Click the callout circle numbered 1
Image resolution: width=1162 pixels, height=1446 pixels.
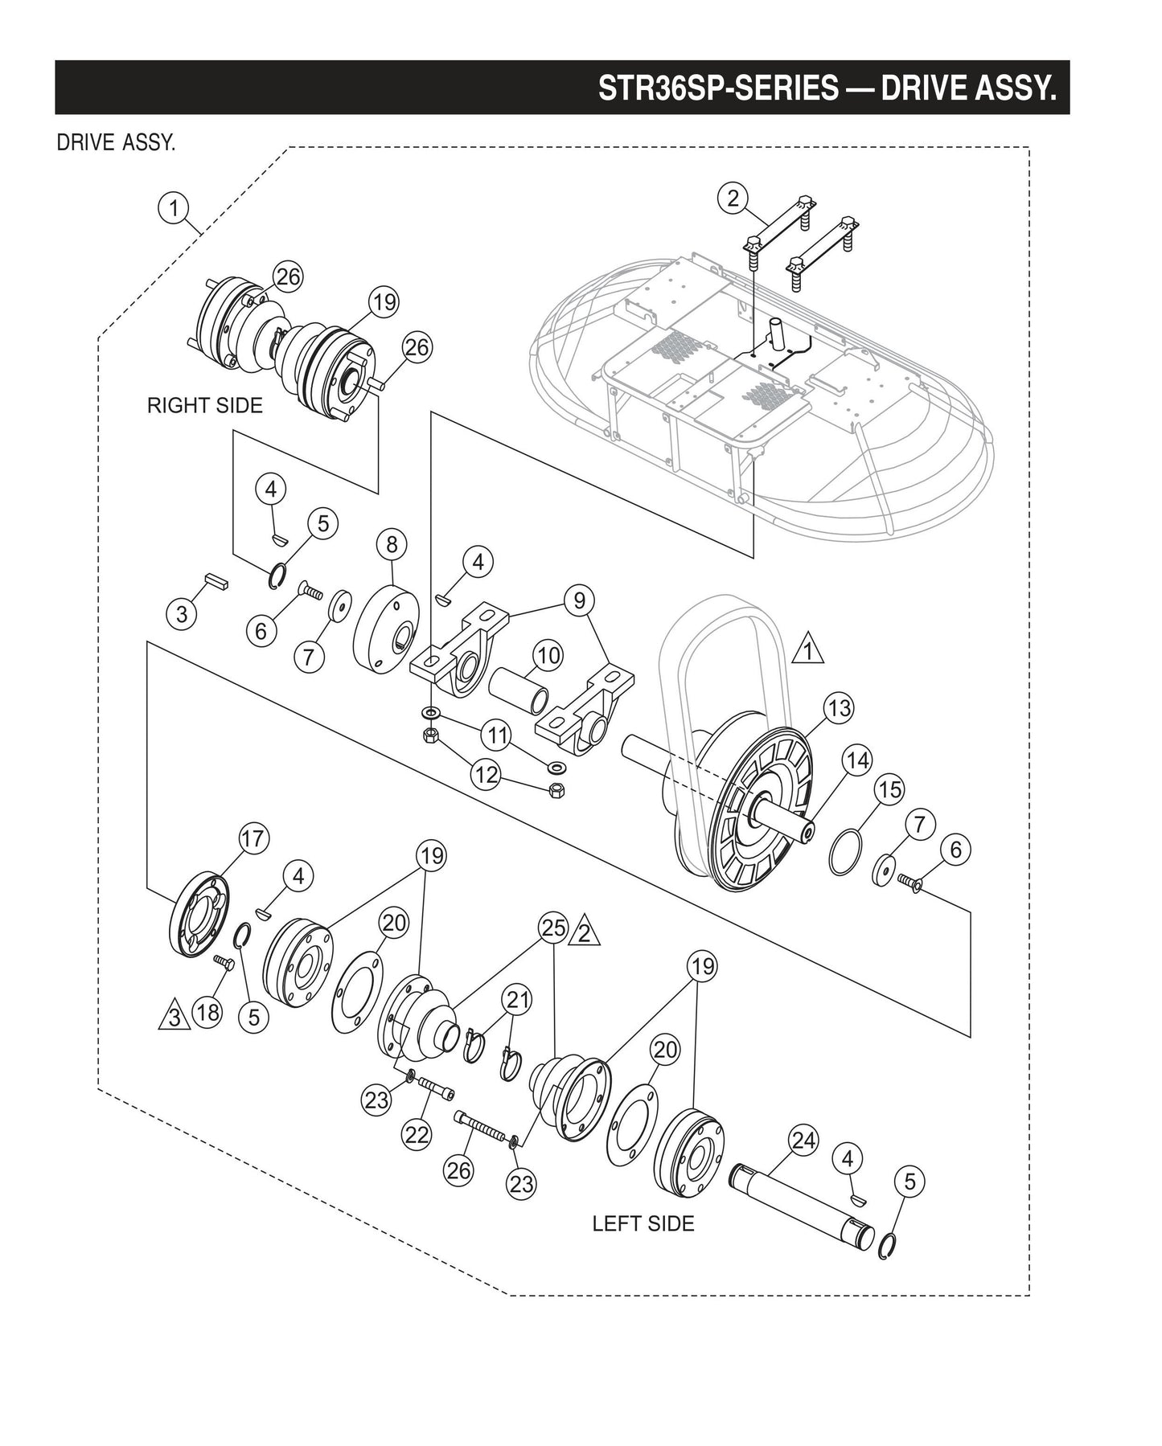click(172, 207)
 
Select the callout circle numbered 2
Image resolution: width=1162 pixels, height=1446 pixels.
click(733, 198)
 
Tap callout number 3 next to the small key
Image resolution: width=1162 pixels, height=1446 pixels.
click(182, 615)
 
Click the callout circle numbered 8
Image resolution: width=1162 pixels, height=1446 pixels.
click(392, 544)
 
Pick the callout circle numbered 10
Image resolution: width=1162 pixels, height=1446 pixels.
click(548, 655)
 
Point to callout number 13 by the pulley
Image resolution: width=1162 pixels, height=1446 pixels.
click(839, 708)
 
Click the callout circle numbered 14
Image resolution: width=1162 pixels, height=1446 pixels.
click(857, 760)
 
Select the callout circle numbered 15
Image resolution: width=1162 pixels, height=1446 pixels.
click(890, 789)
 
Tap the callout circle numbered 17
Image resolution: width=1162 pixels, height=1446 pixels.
click(253, 838)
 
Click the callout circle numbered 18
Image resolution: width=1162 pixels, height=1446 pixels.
click(208, 1012)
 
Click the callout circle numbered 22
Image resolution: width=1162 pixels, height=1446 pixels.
click(417, 1134)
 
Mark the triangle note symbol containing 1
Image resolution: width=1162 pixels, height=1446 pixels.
click(807, 650)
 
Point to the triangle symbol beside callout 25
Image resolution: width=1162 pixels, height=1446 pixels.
click(585, 933)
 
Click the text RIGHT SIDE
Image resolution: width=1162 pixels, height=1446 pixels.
click(204, 406)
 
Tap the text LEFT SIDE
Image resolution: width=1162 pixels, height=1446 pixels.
click(643, 1223)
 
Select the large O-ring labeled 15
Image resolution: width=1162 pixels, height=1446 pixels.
click(845, 854)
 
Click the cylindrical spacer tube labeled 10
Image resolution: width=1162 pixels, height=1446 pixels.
click(522, 687)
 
